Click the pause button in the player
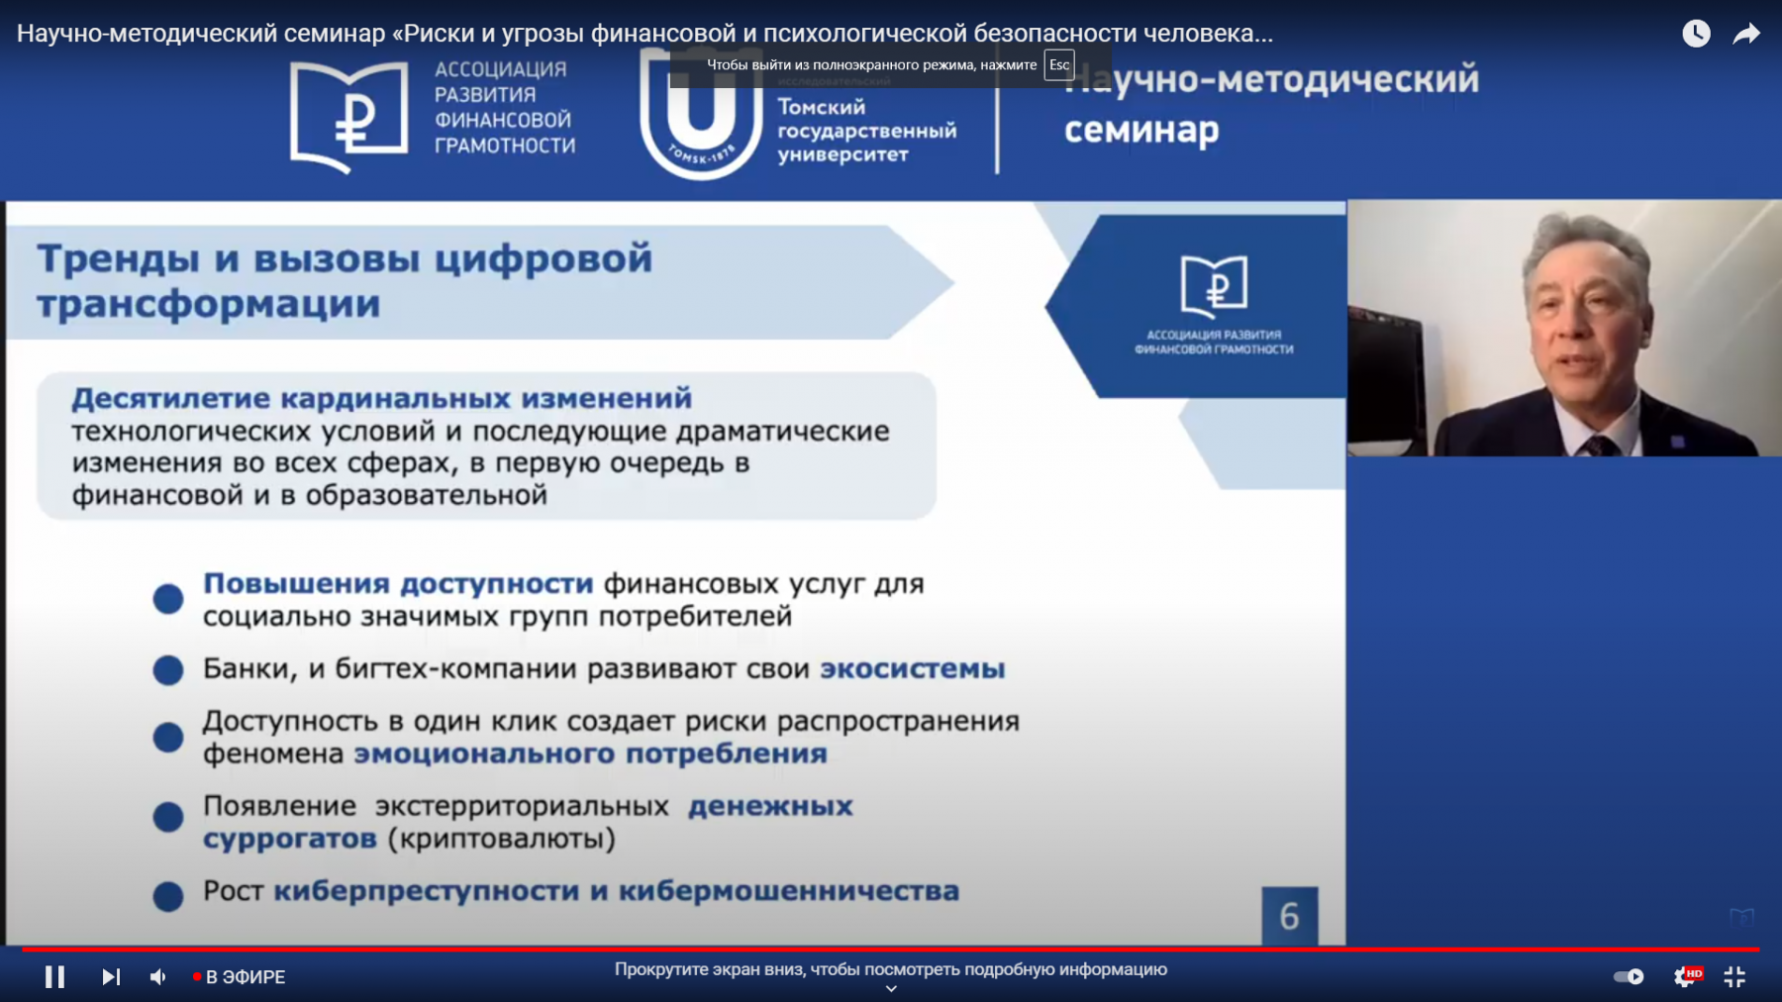tap(54, 977)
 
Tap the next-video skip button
tap(111, 977)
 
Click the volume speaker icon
tap(158, 977)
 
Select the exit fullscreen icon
tap(1734, 977)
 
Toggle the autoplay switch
tap(1629, 977)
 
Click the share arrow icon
tap(1746, 34)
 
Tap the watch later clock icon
tap(1696, 34)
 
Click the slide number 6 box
tap(1289, 916)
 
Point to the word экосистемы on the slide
tap(912, 669)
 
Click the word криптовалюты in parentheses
tap(501, 840)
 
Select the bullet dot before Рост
tap(168, 896)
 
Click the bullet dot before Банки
tap(168, 670)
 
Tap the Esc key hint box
tap(1059, 65)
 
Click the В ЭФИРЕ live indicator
tap(241, 977)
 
